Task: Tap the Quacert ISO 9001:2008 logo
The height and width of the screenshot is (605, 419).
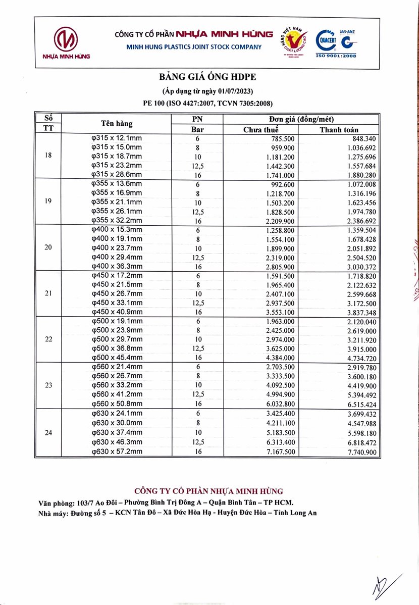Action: click(x=336, y=44)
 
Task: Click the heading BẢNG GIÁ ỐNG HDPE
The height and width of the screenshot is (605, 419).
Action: click(x=208, y=77)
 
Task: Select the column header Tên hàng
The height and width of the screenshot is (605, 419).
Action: click(x=117, y=124)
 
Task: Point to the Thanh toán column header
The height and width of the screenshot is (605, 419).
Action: click(x=339, y=129)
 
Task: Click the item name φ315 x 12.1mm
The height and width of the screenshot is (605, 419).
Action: click(x=116, y=138)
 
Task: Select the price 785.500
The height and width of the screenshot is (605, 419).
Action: click(x=283, y=139)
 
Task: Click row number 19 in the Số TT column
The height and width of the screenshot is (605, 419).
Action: click(x=48, y=202)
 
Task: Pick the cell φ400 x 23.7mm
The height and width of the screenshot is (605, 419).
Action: click(x=116, y=248)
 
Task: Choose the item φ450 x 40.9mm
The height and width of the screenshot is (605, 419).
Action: click(x=116, y=312)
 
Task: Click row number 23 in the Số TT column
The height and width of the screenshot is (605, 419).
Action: click(x=48, y=385)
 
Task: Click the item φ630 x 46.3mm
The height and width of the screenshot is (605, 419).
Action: click(x=116, y=442)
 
